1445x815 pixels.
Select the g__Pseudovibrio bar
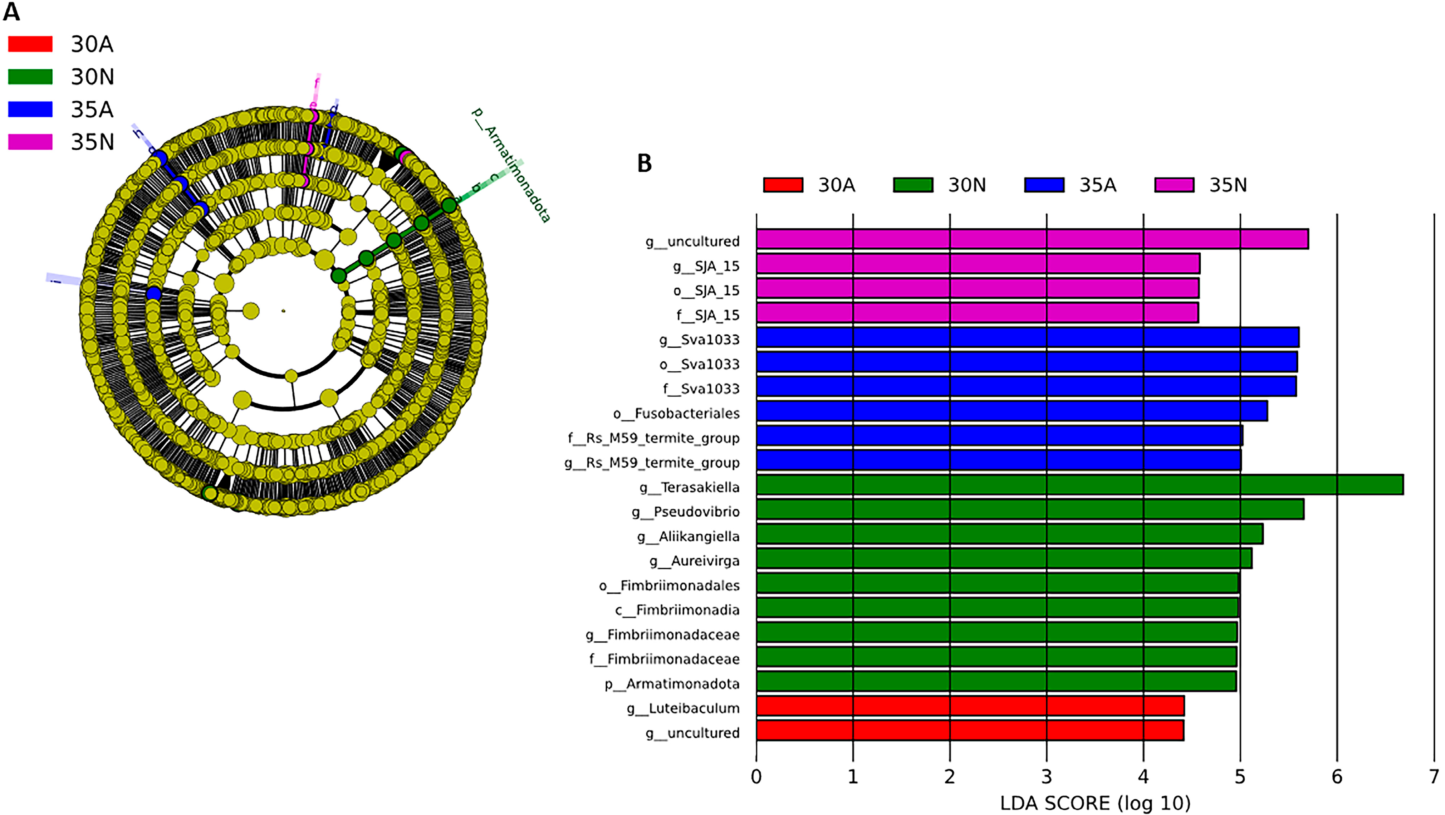pyautogui.click(x=1030, y=509)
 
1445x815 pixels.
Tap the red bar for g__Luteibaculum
pyautogui.click(x=970, y=706)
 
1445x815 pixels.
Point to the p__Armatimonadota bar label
pyautogui.click(x=672, y=684)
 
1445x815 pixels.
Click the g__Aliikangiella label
pyautogui.click(x=688, y=537)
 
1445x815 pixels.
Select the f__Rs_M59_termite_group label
pyautogui.click(x=653, y=438)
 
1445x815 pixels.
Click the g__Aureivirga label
pyautogui.click(x=695, y=561)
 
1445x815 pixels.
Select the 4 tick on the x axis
pyautogui.click(x=1143, y=777)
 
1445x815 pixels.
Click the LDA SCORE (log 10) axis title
pyautogui.click(x=1095, y=803)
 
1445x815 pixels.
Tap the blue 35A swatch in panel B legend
pyautogui.click(x=1044, y=185)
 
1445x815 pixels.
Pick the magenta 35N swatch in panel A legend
pyautogui.click(x=30, y=142)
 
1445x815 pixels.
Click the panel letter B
pyautogui.click(x=645, y=163)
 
